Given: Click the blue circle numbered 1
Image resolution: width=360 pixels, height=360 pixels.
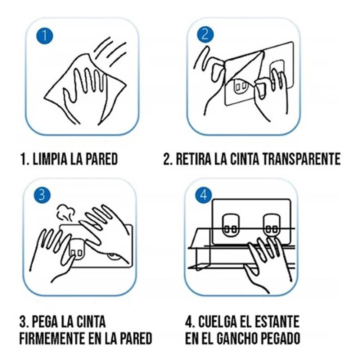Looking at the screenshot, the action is point(45,36).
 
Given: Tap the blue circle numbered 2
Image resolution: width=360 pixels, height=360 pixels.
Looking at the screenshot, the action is point(205,35).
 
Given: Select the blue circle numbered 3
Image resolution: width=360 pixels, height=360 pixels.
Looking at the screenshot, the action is point(42,195).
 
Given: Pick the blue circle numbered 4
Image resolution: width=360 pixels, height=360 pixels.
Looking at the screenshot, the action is point(204,195).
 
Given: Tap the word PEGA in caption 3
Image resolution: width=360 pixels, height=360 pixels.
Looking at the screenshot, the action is point(45,321).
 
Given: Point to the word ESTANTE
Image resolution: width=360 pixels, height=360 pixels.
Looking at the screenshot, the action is point(277,321).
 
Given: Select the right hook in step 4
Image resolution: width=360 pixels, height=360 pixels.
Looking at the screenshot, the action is point(271,226).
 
